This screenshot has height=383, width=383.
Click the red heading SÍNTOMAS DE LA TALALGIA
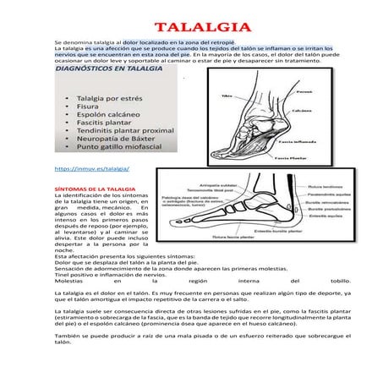tap(93, 189)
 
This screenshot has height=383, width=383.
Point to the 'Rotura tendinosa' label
tap(325, 188)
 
